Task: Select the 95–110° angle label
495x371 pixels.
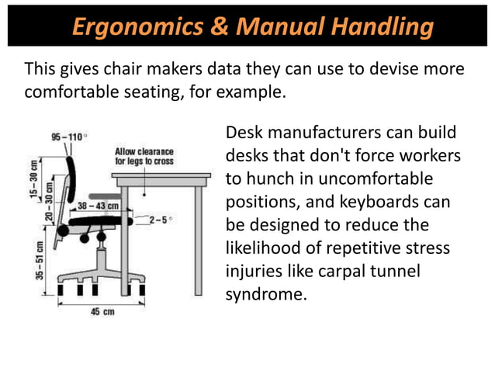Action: pyautogui.click(x=68, y=137)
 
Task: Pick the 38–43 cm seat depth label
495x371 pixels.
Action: pyautogui.click(x=99, y=206)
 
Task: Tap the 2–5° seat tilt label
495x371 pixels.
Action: pyautogui.click(x=158, y=220)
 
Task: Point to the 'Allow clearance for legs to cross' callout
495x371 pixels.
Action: pyautogui.click(x=144, y=156)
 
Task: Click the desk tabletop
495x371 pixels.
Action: pyautogui.click(x=161, y=177)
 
